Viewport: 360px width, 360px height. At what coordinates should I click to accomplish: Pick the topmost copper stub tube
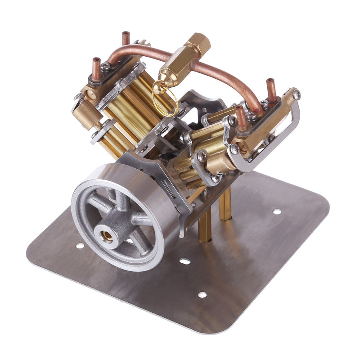pos(126,38)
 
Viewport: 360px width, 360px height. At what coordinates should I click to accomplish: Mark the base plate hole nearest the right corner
pos(277,211)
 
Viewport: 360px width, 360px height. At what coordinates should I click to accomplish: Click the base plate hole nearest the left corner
pos(80,246)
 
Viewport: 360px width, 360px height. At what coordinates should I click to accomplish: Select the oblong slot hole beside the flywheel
pos(184,261)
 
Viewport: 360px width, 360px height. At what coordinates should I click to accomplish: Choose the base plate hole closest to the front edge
pos(202,295)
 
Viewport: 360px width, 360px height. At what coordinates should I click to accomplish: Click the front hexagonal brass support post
pos(205,225)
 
